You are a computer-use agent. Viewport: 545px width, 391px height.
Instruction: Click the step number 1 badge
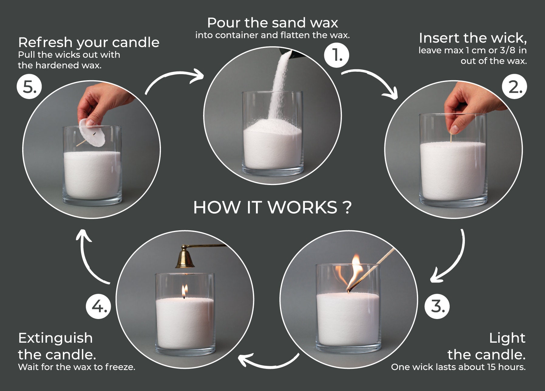336,55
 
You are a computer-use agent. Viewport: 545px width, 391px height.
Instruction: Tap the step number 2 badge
514,87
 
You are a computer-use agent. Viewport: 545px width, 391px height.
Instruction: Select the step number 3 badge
437,306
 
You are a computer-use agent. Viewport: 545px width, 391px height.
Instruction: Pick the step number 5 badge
29,87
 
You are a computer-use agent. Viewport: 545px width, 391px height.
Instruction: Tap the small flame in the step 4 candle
184,291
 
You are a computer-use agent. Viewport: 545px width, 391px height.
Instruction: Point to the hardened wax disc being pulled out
92,132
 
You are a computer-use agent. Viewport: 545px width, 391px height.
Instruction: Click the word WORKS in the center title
302,208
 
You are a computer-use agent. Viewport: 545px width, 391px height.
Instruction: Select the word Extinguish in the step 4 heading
55,338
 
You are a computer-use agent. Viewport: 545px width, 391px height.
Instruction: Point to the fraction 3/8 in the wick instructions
507,50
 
